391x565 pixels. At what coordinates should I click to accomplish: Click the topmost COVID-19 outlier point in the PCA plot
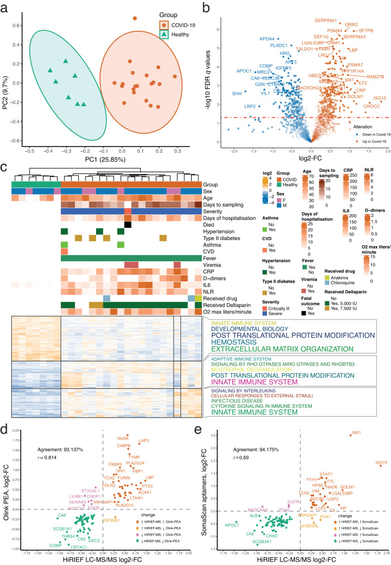[x=135, y=18]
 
